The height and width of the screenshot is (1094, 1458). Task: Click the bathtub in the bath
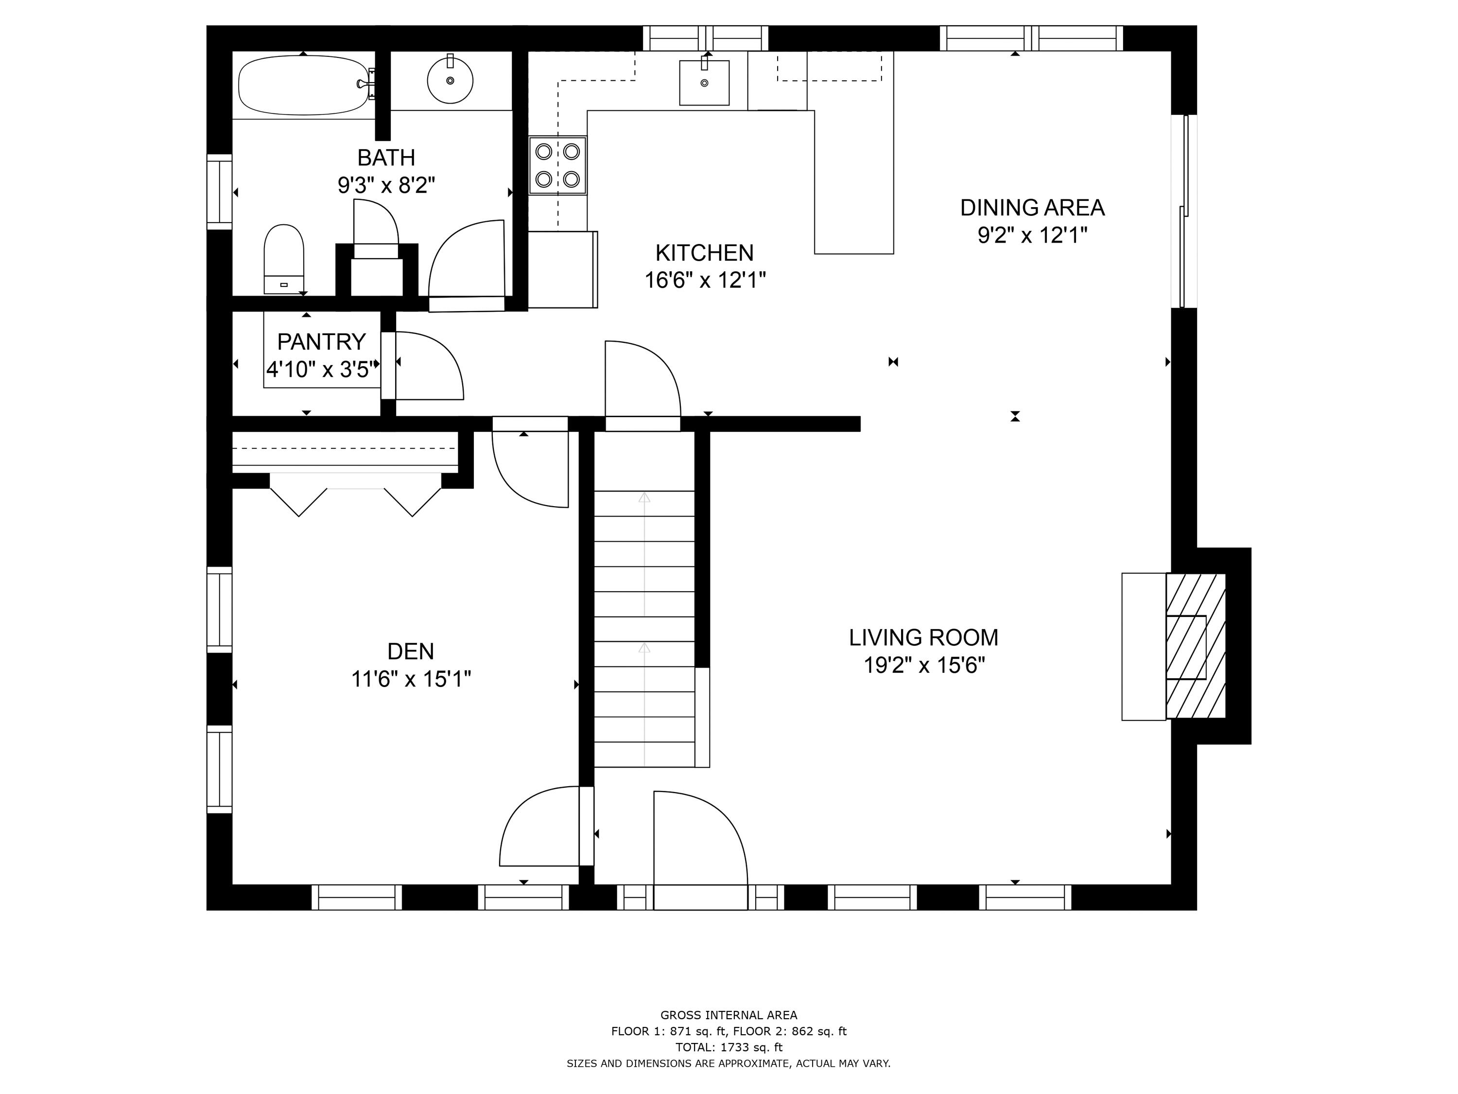pos(303,85)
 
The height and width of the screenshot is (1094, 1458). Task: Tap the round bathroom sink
pos(450,80)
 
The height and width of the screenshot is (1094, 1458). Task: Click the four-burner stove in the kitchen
pos(557,165)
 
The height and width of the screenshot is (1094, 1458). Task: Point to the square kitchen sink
pos(704,83)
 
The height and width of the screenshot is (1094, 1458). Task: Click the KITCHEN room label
pos(704,252)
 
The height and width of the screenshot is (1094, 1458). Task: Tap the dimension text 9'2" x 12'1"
pos(1032,235)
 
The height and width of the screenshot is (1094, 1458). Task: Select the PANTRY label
pos(321,342)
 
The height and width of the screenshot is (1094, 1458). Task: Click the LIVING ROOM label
pos(923,637)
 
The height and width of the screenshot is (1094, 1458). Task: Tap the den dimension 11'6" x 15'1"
pos(411,679)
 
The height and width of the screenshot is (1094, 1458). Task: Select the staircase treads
pos(644,630)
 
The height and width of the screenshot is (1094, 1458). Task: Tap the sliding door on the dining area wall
pos(1184,211)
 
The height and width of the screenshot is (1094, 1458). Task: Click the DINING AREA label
pos(1032,207)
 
